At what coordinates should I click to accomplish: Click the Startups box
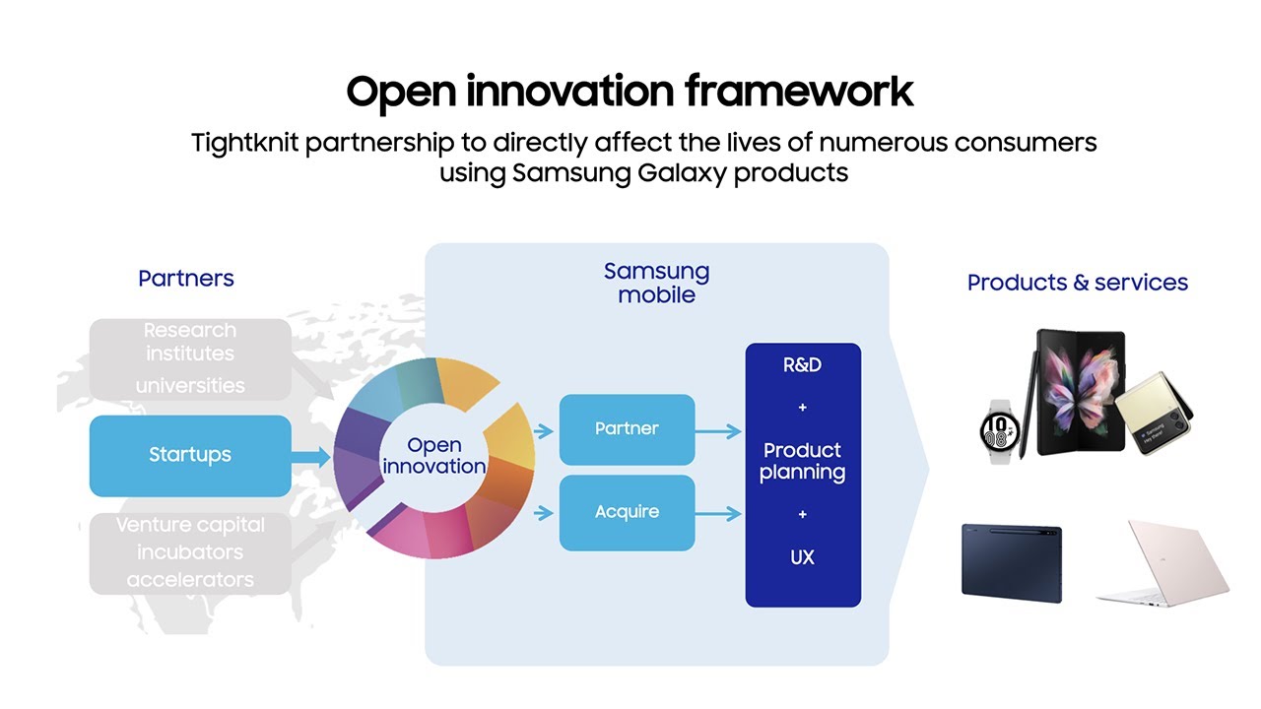coord(190,456)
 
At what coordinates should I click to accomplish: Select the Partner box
coord(627,429)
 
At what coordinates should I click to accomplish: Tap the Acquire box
coord(627,513)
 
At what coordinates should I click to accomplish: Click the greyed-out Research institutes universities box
coord(190,359)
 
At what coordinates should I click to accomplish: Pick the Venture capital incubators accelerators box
coord(190,553)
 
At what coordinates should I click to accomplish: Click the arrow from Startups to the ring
coord(310,456)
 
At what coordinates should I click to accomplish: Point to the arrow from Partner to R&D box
coord(718,431)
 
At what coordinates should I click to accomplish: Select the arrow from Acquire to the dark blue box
coord(718,513)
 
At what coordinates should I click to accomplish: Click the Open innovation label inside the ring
coord(434,455)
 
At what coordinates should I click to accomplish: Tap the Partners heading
coord(186,279)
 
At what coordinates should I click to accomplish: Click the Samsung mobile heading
coord(656,283)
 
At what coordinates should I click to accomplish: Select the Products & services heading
coord(1078,283)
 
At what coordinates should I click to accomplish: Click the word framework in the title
coord(799,92)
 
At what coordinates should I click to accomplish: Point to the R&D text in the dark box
coord(802,365)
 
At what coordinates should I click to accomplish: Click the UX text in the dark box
coord(802,557)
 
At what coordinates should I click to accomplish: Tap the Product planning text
coord(802,462)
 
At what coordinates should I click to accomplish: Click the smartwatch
coord(1000,431)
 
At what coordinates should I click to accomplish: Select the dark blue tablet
coord(1012,562)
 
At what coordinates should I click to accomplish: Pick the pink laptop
coord(1163,564)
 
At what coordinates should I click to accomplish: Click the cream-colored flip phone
coord(1154,413)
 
